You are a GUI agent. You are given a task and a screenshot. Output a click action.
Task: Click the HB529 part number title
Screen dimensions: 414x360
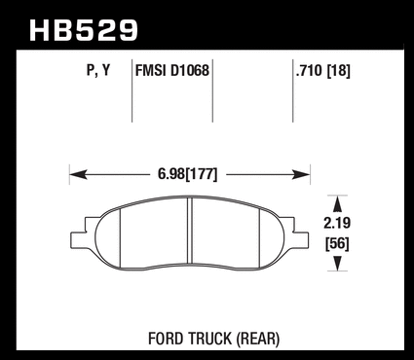(x=84, y=30)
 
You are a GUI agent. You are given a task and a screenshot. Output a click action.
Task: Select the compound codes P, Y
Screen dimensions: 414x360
(x=98, y=70)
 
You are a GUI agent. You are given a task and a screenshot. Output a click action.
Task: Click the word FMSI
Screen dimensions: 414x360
(x=151, y=70)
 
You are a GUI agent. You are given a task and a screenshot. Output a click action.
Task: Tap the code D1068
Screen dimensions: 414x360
(x=190, y=70)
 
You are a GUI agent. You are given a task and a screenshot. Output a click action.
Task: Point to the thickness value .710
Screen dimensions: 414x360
(x=310, y=70)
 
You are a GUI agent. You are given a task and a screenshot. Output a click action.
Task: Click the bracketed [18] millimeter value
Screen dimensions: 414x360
(x=338, y=71)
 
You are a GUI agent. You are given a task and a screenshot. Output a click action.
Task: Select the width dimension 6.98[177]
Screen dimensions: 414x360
(x=187, y=174)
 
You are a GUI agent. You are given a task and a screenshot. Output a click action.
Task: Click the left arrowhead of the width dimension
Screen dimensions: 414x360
(x=79, y=174)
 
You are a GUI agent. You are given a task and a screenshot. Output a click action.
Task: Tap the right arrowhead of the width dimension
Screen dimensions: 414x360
(x=301, y=174)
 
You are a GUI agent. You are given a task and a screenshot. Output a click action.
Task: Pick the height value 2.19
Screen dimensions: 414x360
(x=337, y=224)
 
